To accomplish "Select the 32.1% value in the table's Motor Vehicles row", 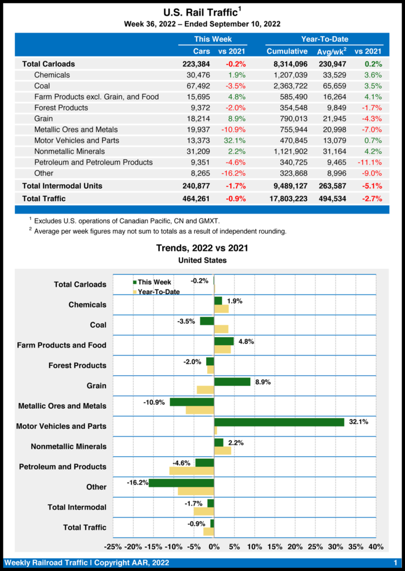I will click(x=236, y=140).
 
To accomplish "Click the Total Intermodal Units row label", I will click(x=62, y=186).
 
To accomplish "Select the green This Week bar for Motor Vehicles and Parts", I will click(x=279, y=422).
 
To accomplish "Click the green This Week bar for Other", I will click(x=181, y=483).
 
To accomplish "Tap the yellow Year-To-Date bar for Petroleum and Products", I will click(x=192, y=471).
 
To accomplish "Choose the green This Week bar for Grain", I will click(x=232, y=381).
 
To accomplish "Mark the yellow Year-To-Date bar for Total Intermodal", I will click(x=204, y=511).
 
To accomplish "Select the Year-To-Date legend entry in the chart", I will click(x=155, y=292).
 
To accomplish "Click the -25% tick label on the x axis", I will click(x=114, y=546).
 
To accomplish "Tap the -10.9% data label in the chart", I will click(x=154, y=402).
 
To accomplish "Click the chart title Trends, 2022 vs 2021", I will click(x=202, y=248).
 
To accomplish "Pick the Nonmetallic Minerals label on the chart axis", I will click(x=69, y=447).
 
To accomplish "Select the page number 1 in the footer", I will click(x=394, y=563).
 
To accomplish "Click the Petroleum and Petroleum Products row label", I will click(x=93, y=162).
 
